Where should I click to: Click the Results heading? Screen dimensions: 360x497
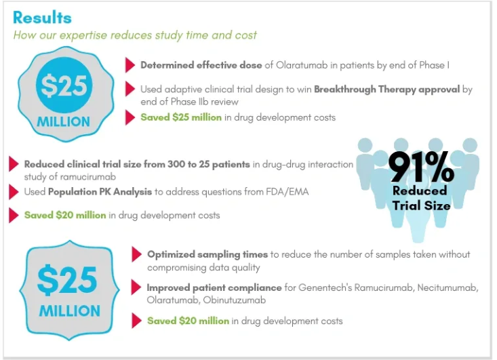42,17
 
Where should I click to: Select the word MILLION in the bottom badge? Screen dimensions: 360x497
70,312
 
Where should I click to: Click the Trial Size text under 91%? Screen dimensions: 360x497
420,205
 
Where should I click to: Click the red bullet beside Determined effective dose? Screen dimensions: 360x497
130,65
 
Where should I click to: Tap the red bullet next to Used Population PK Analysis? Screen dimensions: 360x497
14,192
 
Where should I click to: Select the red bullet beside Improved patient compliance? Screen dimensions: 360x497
136,287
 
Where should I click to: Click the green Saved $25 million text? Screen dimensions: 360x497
180,117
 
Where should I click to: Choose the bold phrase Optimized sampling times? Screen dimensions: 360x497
207,254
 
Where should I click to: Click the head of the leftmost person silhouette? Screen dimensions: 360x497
366,146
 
